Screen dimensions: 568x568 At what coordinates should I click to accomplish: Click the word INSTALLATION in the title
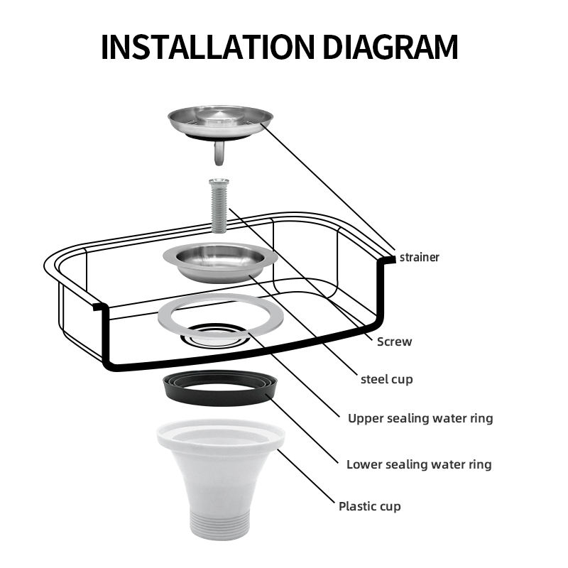[207, 47]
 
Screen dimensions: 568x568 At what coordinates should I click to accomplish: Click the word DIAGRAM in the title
[390, 47]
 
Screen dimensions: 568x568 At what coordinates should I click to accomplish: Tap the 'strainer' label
[419, 257]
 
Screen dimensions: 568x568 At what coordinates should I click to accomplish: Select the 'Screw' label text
[394, 342]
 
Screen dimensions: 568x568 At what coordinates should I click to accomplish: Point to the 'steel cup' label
[386, 379]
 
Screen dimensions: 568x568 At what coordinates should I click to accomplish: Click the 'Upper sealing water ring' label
[420, 418]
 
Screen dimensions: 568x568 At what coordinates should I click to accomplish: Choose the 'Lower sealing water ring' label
[419, 464]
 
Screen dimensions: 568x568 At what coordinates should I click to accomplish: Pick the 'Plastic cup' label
[369, 506]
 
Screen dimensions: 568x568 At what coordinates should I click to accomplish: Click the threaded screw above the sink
[219, 206]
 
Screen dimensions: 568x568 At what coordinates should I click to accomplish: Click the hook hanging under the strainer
[219, 153]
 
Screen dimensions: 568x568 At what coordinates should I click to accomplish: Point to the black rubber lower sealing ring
[220, 398]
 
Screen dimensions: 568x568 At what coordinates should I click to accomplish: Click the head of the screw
[219, 181]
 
